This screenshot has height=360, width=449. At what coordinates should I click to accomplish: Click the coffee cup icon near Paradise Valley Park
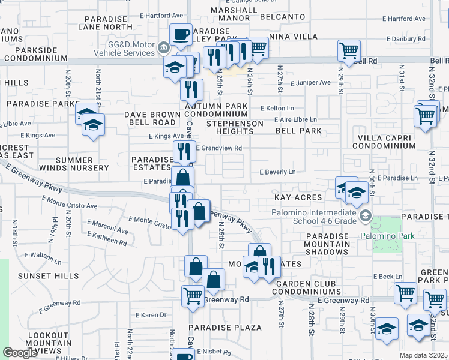pos(181,35)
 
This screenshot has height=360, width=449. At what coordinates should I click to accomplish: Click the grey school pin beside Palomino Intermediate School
pos(365,214)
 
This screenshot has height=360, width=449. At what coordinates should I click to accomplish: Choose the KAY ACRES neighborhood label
pos(298,197)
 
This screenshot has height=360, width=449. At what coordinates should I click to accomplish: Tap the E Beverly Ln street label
pos(277,172)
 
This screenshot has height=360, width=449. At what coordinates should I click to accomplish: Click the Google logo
pos(20,353)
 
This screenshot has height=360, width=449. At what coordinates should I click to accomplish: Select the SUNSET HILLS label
pos(49,276)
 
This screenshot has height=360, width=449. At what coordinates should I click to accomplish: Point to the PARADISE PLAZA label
pos(226,328)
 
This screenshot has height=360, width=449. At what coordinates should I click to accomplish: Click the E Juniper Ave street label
pos(309,82)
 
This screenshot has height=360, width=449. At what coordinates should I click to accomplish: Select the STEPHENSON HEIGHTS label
pos(235,128)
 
